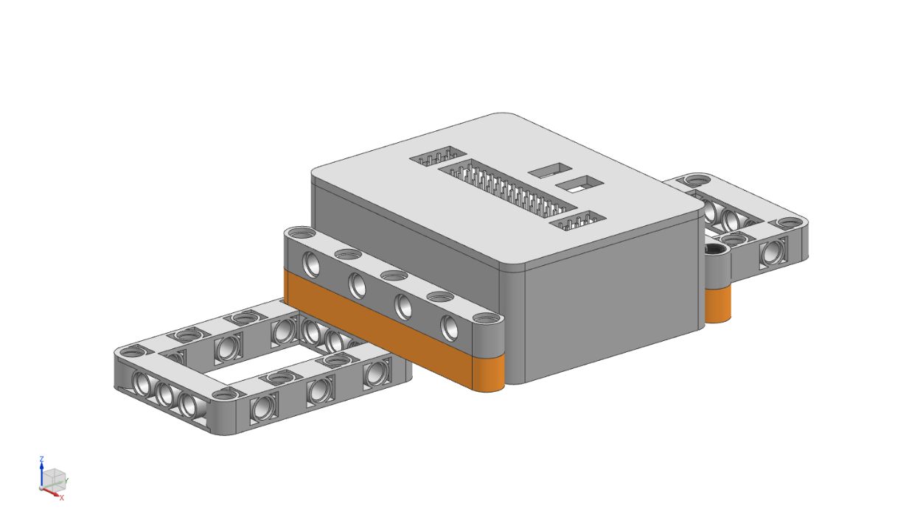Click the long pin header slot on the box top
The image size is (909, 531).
[508, 187]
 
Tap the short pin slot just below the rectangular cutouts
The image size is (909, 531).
[578, 221]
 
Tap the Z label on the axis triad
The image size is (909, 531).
[41, 460]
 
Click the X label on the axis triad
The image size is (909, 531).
[62, 498]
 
